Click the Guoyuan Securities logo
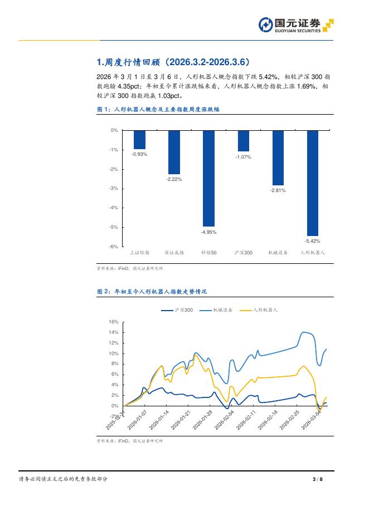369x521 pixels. [295, 25]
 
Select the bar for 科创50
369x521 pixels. [208, 178]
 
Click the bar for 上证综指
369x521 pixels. [139, 139]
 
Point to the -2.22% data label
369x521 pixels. [174, 179]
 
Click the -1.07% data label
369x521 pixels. [243, 157]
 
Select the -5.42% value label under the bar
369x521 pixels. [312, 241]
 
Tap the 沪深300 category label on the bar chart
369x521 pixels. [243, 253]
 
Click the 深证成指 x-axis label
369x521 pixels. [174, 253]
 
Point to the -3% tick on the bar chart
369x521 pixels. [114, 188]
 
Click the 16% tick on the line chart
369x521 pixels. [113, 322]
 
